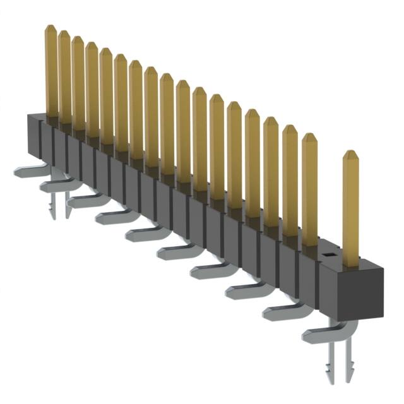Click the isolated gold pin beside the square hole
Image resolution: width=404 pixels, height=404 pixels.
coord(350,208)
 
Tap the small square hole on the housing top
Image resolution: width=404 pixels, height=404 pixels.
coord(329,254)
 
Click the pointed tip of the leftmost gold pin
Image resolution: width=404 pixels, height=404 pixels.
coord(50,28)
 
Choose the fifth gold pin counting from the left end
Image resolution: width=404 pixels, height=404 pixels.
coord(106,95)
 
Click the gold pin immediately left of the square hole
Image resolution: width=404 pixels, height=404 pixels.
coord(309,189)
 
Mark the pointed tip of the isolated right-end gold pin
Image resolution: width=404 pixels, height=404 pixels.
coord(350,154)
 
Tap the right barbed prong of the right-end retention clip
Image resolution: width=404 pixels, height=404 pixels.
coord(346,366)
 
